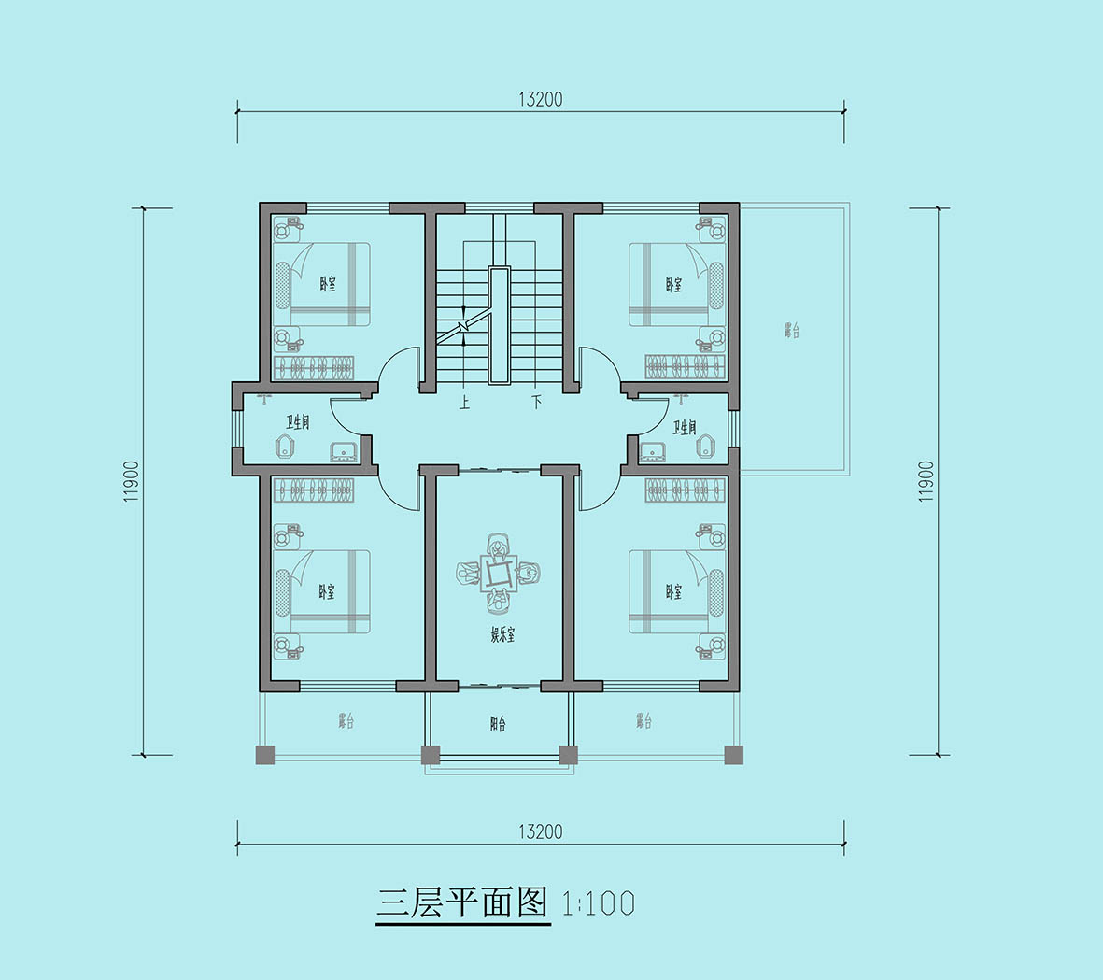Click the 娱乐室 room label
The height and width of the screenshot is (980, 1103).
[502, 635]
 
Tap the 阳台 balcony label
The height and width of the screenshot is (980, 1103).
[498, 723]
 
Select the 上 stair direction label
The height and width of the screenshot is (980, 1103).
[464, 403]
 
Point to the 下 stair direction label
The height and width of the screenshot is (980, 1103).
[537, 403]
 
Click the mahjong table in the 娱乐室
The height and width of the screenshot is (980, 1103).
[499, 571]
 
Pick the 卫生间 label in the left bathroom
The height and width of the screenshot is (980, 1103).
[298, 423]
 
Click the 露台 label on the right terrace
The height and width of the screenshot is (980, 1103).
[791, 330]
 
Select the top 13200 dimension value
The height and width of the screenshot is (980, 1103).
[540, 99]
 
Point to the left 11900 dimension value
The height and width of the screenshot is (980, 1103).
[131, 482]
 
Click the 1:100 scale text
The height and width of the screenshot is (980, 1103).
[599, 903]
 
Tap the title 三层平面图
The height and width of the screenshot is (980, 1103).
[462, 902]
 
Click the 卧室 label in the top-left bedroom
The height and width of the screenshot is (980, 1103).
[327, 284]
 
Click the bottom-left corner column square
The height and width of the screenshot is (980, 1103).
[264, 755]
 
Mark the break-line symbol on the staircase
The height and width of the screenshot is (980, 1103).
[463, 326]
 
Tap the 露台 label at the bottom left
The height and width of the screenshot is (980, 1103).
[346, 721]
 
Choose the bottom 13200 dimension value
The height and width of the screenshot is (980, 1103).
[540, 831]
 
